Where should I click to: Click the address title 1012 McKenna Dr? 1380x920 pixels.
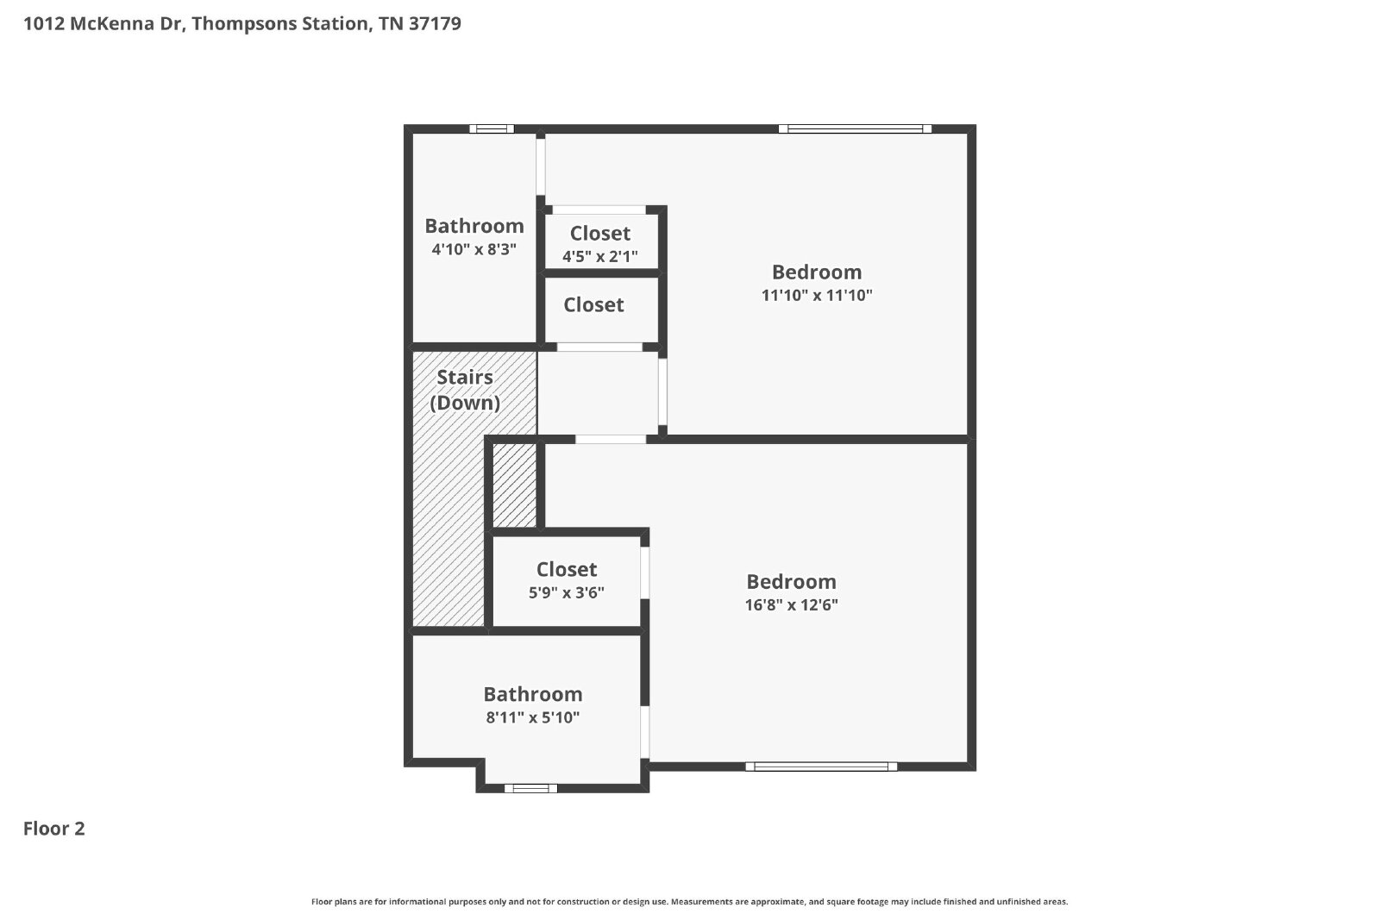(x=242, y=23)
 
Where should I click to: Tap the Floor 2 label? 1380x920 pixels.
(x=54, y=829)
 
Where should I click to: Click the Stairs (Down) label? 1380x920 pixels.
(x=465, y=390)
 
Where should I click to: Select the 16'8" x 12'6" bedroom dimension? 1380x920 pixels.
(x=792, y=604)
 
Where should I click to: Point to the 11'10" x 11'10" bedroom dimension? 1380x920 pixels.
(x=817, y=295)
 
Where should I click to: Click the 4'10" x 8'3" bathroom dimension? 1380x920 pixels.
(x=474, y=249)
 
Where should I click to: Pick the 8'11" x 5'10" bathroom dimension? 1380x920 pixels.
(x=533, y=717)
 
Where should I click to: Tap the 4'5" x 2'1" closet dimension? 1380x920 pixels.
(x=600, y=256)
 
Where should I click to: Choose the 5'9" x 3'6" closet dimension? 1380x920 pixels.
(x=567, y=592)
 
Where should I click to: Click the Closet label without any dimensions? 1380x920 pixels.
(x=594, y=305)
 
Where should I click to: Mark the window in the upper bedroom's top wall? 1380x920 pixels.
(x=855, y=128)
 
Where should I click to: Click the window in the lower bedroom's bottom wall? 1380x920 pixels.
(x=821, y=767)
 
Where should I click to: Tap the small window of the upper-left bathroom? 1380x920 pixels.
(x=492, y=128)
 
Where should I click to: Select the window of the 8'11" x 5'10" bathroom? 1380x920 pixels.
(x=531, y=788)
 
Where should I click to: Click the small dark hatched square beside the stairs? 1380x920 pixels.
(x=514, y=485)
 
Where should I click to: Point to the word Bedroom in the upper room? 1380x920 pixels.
(x=817, y=272)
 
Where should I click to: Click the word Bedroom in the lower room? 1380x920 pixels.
(x=792, y=582)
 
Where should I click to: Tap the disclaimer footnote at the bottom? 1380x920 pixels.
(x=689, y=902)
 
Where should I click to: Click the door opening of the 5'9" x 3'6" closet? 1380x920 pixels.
(x=645, y=573)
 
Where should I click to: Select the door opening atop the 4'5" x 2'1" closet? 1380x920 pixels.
(x=599, y=210)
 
